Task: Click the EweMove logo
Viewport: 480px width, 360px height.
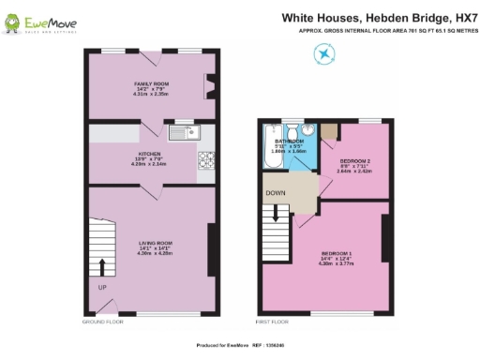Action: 43,21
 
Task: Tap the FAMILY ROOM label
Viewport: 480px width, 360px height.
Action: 150,87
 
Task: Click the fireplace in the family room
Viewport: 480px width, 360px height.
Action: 210,85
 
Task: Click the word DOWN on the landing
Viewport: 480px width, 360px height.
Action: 276,194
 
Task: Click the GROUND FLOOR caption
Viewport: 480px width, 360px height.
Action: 103,322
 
